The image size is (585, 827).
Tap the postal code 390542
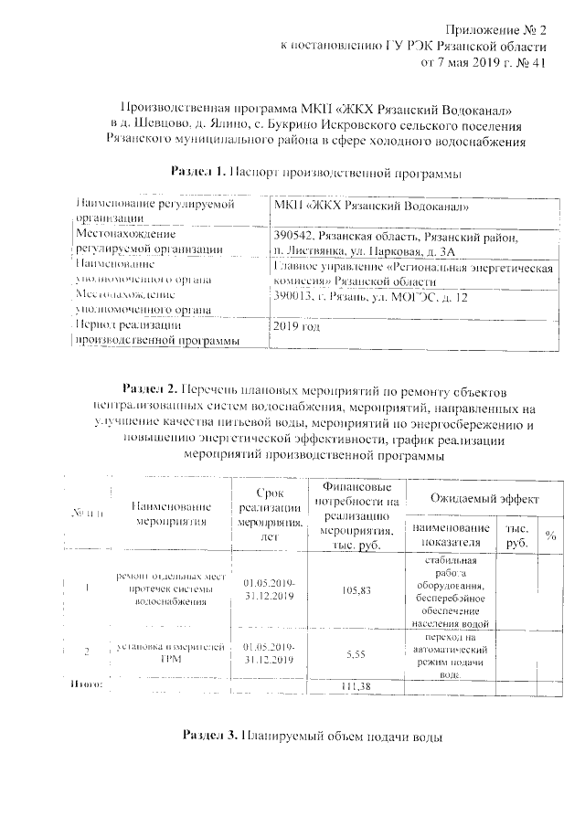coord(293,237)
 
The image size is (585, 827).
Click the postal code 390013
coord(293,297)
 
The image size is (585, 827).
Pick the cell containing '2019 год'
coord(297,325)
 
